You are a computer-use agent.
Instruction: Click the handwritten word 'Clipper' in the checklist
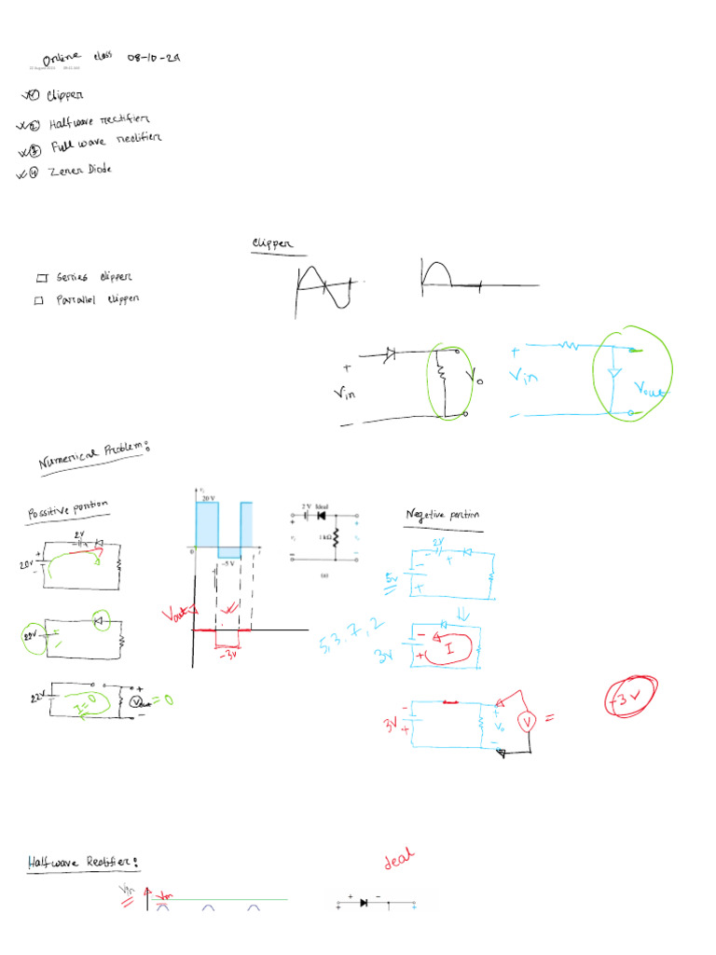(64, 95)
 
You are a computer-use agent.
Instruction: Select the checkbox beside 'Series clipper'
(41, 278)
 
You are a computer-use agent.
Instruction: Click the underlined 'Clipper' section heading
(271, 244)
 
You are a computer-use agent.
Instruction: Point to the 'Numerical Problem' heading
(93, 454)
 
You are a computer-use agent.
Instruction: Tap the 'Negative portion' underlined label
(442, 515)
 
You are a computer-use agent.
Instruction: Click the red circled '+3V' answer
(630, 697)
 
